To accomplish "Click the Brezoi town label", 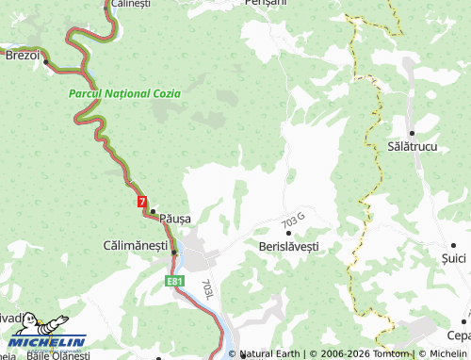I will pos(22,56).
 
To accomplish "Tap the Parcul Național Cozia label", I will pos(125,95).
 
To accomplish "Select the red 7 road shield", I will pos(141,202).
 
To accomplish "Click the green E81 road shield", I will pos(172,281).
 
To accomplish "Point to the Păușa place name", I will pos(175,218).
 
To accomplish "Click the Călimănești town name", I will pos(134,245).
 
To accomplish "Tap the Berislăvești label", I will pos(288,245).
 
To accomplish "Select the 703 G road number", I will pos(293,222).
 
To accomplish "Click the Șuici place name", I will pos(455,256).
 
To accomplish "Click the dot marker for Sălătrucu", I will pos(412,133).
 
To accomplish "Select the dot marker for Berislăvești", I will pos(288,233).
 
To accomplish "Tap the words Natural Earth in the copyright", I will pos(271,354).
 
